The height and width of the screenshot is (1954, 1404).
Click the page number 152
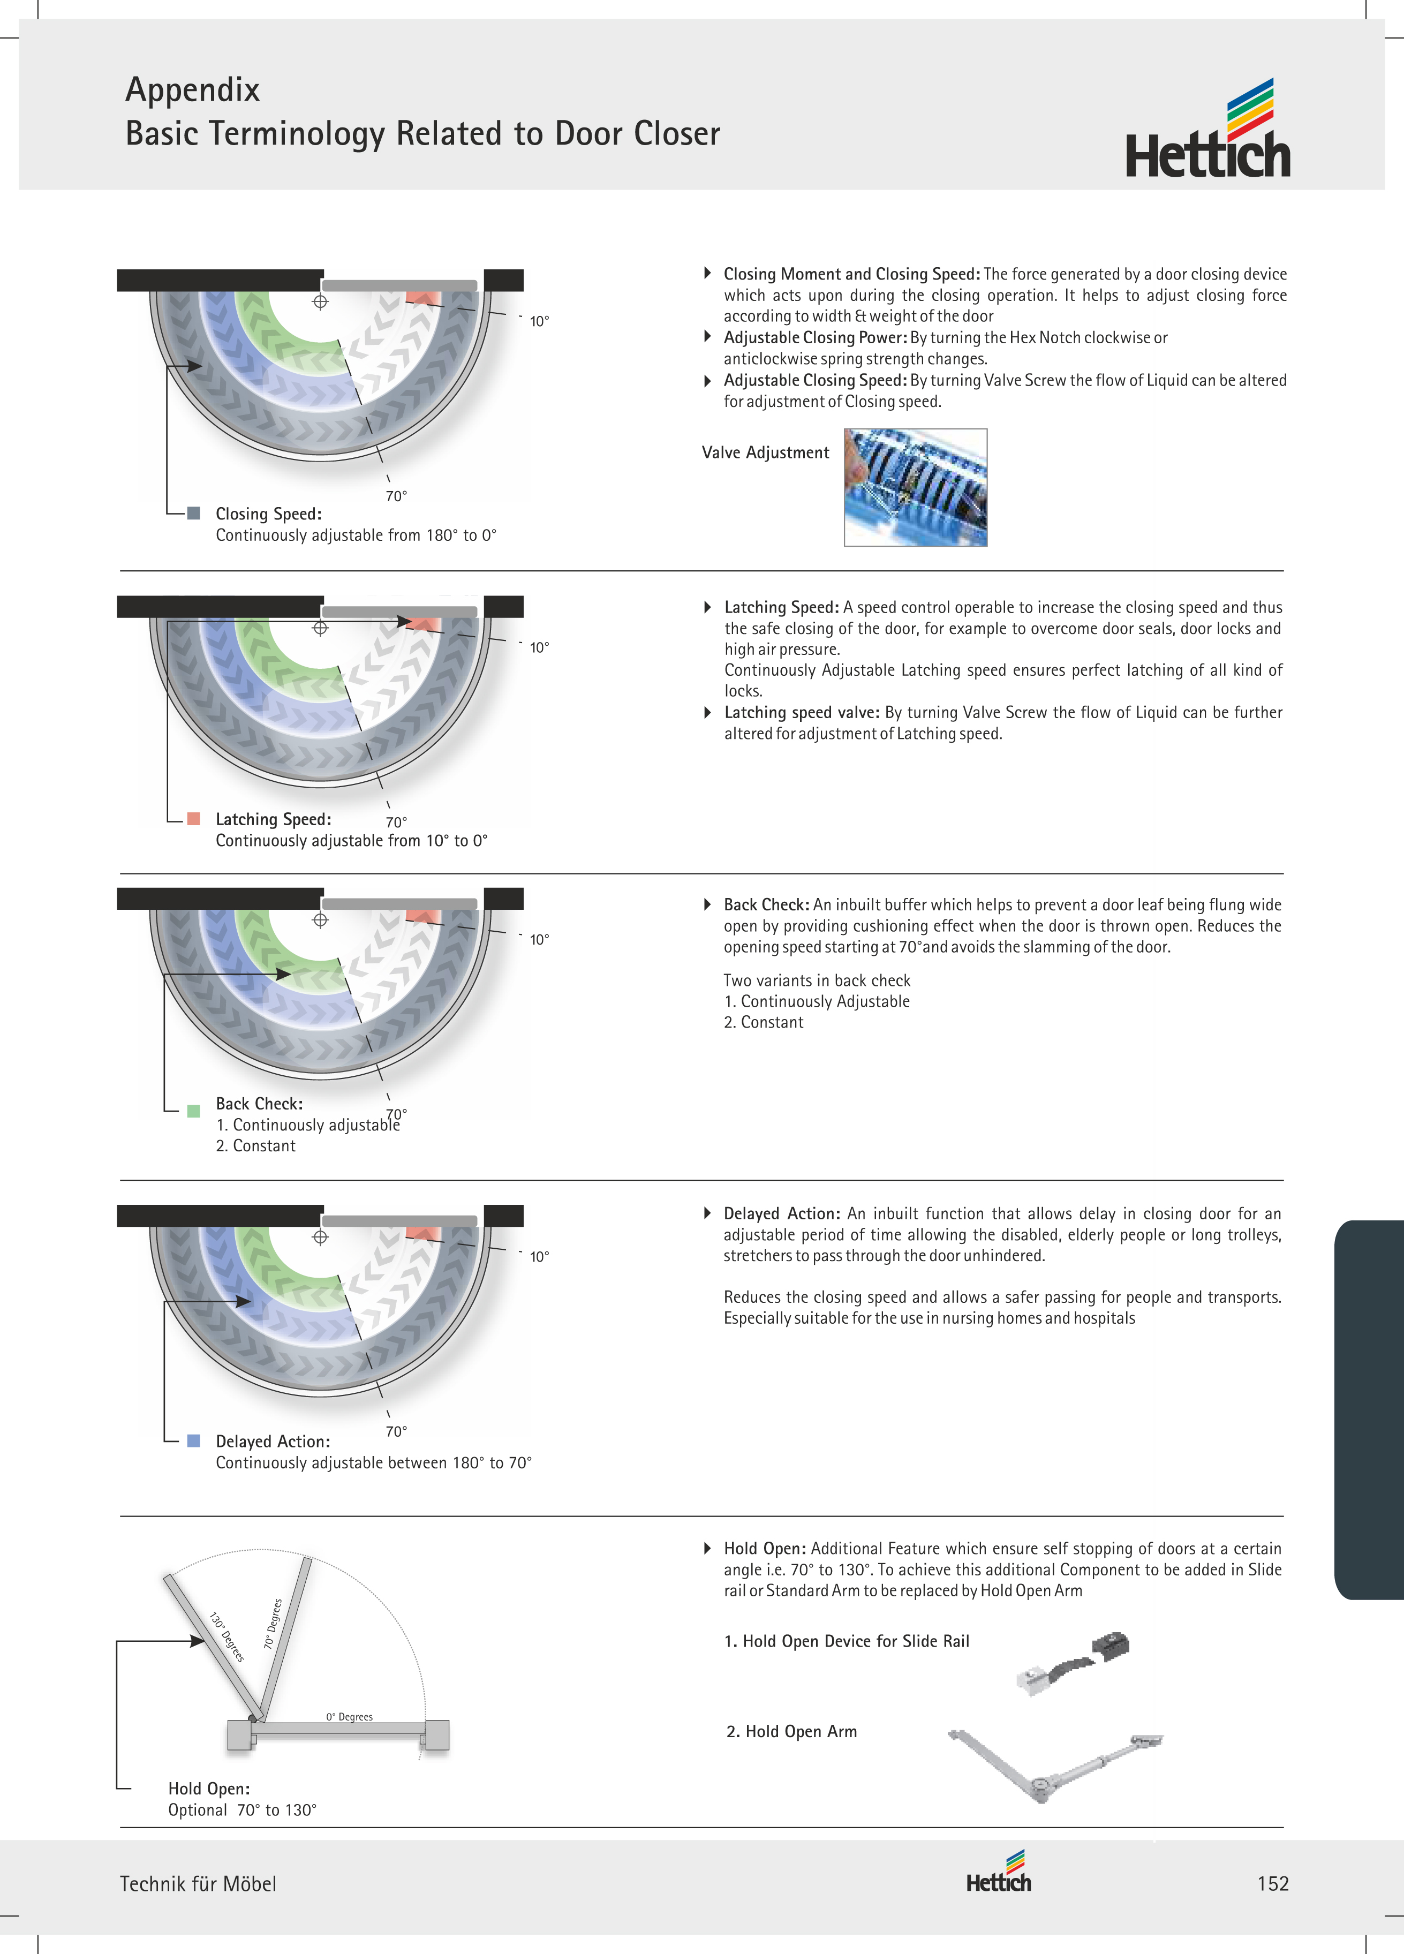pos(1272,1883)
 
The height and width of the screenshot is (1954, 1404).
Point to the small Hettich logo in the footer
pos(999,1872)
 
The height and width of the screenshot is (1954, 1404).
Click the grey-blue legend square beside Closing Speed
pos(194,514)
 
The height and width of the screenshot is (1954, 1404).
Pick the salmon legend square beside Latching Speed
pos(194,818)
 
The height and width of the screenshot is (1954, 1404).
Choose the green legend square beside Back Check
pos(194,1111)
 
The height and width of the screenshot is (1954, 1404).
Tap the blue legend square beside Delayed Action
pos(194,1440)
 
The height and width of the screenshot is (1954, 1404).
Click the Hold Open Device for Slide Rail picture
pos(1073,1663)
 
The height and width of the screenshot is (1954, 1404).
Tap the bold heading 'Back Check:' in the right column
pos(766,904)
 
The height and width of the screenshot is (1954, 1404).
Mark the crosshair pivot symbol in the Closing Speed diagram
pos(320,301)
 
